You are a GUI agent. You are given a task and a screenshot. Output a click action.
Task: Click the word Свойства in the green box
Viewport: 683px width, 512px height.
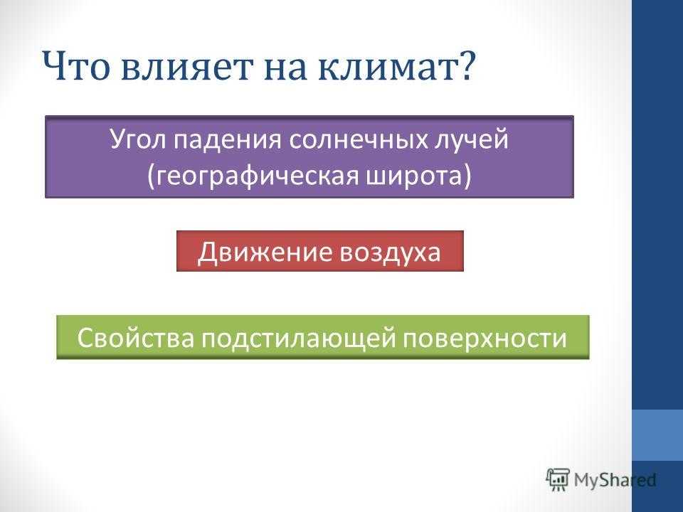135,338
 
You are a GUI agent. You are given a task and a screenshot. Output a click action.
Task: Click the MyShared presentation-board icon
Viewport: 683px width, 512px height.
558,480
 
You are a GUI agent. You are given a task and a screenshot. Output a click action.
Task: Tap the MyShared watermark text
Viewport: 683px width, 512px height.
615,480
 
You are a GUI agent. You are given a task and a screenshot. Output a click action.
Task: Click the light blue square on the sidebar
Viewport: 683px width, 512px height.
657,435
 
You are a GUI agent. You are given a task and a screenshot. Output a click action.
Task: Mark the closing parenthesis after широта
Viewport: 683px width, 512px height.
467,177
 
